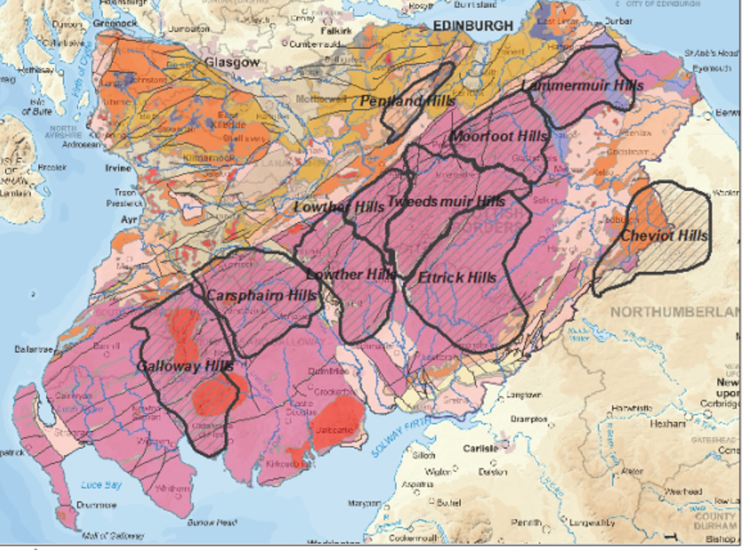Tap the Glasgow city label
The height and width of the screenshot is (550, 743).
(232, 62)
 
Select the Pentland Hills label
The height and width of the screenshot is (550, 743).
(407, 101)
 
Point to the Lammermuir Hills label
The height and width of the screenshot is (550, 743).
(582, 85)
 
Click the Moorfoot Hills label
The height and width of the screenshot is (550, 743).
(499, 137)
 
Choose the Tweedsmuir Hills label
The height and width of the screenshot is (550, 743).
(445, 202)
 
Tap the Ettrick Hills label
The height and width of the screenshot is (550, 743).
(457, 278)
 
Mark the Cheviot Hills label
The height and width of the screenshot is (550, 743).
(664, 236)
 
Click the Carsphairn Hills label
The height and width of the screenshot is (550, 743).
(261, 295)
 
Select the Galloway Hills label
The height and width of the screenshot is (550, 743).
(185, 366)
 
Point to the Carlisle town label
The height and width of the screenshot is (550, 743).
(480, 449)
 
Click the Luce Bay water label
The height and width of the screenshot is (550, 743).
(101, 485)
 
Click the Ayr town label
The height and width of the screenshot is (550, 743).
(129, 219)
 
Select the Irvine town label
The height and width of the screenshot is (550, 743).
(118, 168)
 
